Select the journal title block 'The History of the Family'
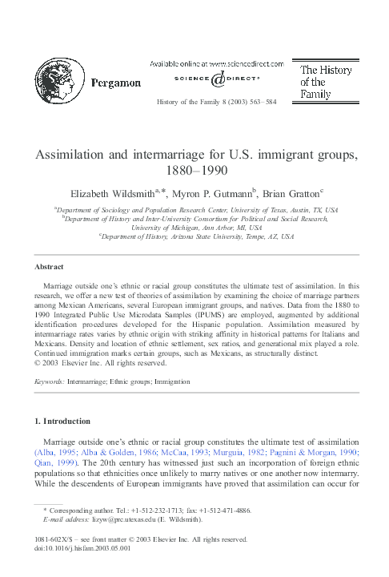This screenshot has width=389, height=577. pyautogui.click(x=326, y=82)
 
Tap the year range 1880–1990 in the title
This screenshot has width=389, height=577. pyautogui.click(x=194, y=169)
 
